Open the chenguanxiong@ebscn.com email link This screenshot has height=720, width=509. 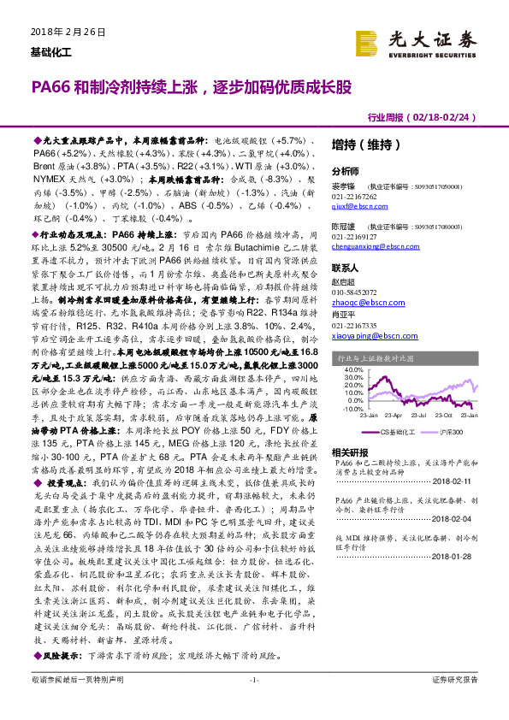(374, 245)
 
